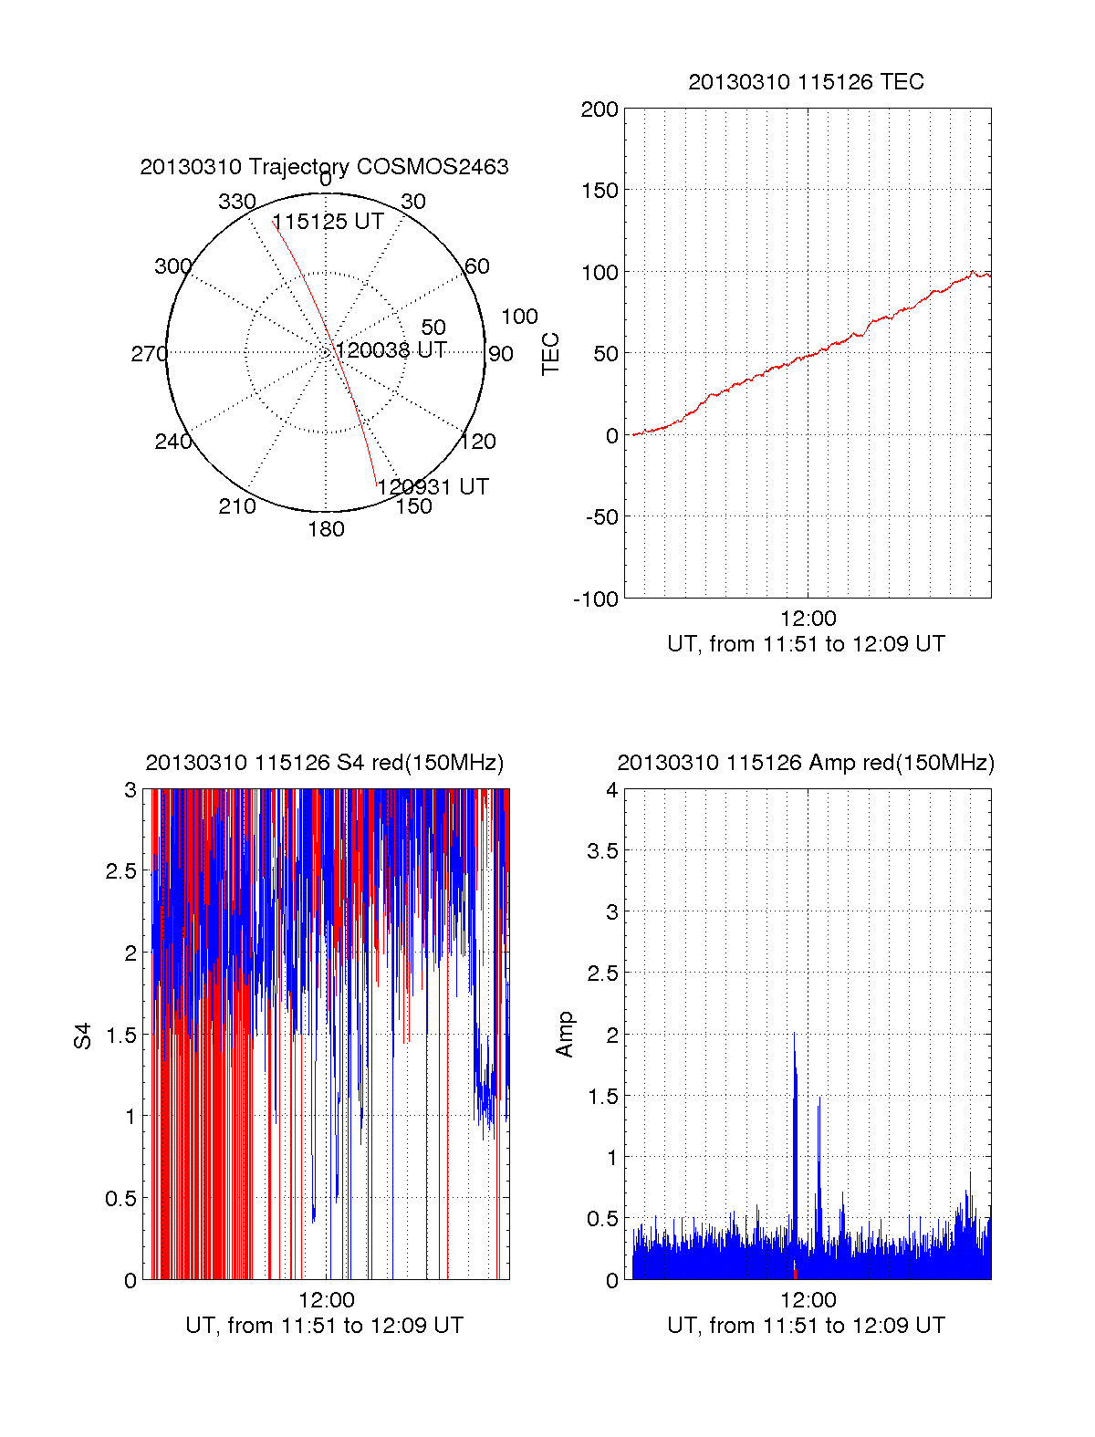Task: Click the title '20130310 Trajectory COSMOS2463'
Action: (x=324, y=167)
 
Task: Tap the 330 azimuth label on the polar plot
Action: (x=236, y=202)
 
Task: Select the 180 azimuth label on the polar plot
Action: (x=326, y=529)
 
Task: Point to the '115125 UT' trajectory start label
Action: (x=328, y=222)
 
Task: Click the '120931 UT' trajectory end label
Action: (x=433, y=487)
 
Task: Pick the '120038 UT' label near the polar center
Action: (x=391, y=350)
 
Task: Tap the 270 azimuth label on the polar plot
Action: (x=149, y=354)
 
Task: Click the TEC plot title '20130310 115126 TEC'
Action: (x=806, y=82)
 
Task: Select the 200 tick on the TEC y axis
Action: (x=600, y=110)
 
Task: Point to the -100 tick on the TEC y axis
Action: (x=596, y=599)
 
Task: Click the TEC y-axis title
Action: (x=551, y=354)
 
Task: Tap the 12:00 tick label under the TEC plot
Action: (x=808, y=620)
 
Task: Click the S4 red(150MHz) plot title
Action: (x=324, y=763)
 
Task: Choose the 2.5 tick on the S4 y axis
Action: (x=120, y=871)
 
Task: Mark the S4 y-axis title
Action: (x=83, y=1036)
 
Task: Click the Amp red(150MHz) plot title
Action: (x=806, y=763)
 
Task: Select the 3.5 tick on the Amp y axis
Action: (x=602, y=851)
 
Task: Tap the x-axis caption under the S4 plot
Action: (x=324, y=1326)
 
